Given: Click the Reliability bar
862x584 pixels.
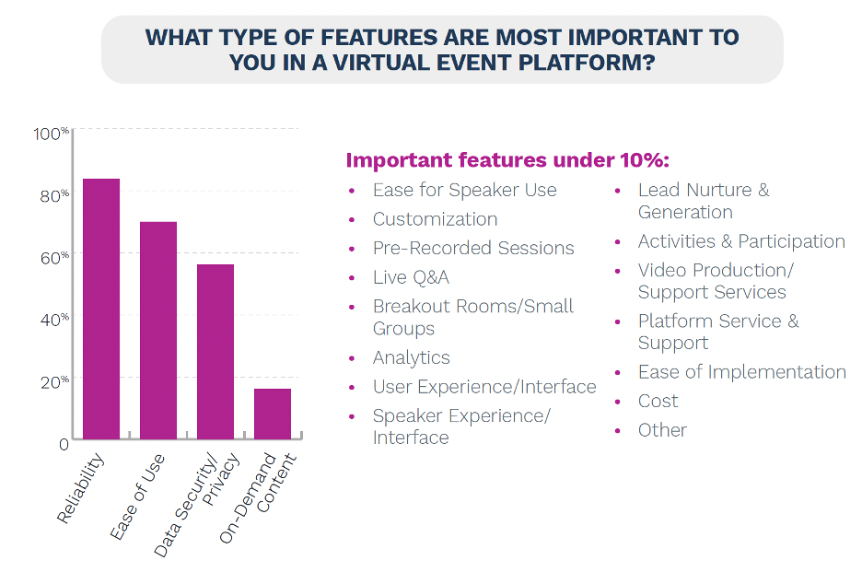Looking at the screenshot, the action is (x=101, y=310).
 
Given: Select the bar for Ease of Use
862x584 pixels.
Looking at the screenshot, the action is (x=158, y=331).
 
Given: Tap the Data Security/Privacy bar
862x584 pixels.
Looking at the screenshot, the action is (x=215, y=352).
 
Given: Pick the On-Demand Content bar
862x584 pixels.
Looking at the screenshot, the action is (x=273, y=415).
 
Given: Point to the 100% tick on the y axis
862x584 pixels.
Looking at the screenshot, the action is (x=52, y=134).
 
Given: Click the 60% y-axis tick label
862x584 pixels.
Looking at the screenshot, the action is (x=54, y=258).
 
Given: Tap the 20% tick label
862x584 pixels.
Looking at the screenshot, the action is (x=54, y=382).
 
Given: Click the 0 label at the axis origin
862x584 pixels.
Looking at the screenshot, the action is (x=64, y=444).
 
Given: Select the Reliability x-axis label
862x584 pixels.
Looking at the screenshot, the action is (x=80, y=488).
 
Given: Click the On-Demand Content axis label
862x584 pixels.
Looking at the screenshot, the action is (x=259, y=497).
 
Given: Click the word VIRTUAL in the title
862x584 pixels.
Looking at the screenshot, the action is (x=387, y=63).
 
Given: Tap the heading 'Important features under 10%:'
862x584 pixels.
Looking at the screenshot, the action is (x=507, y=160).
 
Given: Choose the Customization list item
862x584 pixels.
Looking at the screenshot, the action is (x=435, y=219).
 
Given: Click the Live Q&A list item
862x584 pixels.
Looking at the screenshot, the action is (x=411, y=277).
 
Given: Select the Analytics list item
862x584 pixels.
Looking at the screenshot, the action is (x=412, y=358).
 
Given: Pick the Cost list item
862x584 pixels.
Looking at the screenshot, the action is (x=658, y=401).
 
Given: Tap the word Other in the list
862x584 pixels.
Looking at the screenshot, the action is (x=662, y=430).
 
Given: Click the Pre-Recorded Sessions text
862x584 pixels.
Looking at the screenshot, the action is (x=473, y=248).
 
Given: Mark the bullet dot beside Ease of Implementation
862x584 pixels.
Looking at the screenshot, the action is (x=617, y=373).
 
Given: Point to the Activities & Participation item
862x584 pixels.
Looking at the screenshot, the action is (x=741, y=241).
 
